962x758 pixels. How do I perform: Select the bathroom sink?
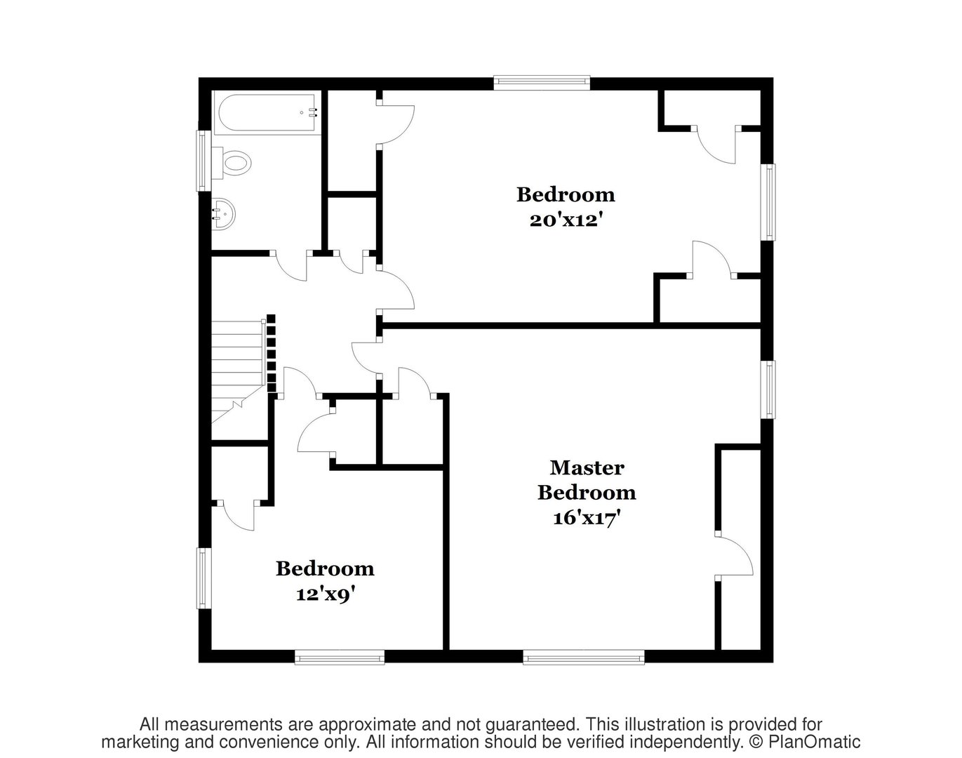pyautogui.click(x=224, y=213)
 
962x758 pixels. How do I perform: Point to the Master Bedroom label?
pyautogui.click(x=587, y=479)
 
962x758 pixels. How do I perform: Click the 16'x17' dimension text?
pyautogui.click(x=587, y=519)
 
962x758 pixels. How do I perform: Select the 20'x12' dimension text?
pyautogui.click(x=566, y=220)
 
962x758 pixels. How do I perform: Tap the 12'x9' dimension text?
pyautogui.click(x=324, y=594)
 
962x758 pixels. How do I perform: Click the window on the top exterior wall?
pyautogui.click(x=541, y=82)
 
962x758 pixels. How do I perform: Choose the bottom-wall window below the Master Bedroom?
pyautogui.click(x=584, y=658)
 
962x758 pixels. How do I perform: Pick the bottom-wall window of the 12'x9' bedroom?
pyautogui.click(x=340, y=658)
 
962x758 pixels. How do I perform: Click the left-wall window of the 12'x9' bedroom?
pyautogui.click(x=203, y=578)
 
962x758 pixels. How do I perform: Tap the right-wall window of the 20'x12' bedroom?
pyautogui.click(x=769, y=202)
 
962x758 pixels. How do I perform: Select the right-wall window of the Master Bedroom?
pyautogui.click(x=769, y=390)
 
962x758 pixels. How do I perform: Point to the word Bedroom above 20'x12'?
pyautogui.click(x=566, y=194)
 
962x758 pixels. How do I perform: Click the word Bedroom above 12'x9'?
pyautogui.click(x=324, y=568)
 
